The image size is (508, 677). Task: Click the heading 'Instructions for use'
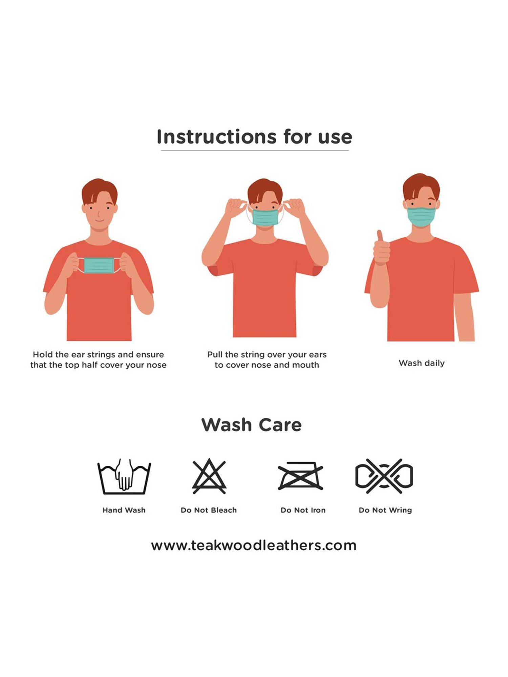pyautogui.click(x=254, y=137)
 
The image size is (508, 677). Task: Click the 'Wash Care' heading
pyautogui.click(x=251, y=425)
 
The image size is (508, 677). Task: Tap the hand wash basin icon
pyautogui.click(x=124, y=476)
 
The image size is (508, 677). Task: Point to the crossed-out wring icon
pyautogui.click(x=384, y=476)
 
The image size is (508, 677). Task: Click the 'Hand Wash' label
pyautogui.click(x=124, y=510)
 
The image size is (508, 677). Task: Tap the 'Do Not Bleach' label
pyautogui.click(x=209, y=510)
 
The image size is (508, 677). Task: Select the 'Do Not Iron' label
pyautogui.click(x=303, y=510)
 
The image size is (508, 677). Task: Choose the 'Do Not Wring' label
pyautogui.click(x=385, y=510)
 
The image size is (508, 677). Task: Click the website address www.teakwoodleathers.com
pyautogui.click(x=254, y=545)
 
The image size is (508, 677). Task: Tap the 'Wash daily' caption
pyautogui.click(x=422, y=363)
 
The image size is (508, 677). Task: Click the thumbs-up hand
pyautogui.click(x=381, y=248)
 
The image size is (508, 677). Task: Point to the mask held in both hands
pyautogui.click(x=99, y=265)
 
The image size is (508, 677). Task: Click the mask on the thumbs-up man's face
pyautogui.click(x=421, y=216)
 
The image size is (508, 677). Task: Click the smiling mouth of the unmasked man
pyautogui.click(x=99, y=221)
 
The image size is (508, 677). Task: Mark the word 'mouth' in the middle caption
pyautogui.click(x=306, y=365)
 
